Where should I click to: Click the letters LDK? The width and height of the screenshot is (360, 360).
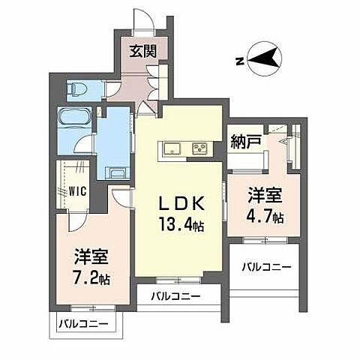[x=179, y=205]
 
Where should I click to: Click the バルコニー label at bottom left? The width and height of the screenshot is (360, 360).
[x=82, y=325]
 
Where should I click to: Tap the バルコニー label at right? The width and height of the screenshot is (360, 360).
[x=265, y=266]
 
